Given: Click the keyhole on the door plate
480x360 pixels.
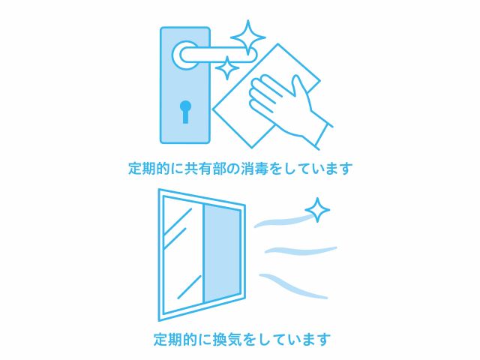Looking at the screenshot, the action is (x=185, y=112).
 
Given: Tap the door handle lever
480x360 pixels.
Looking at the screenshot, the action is (x=218, y=55).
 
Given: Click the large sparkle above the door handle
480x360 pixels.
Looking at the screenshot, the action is (x=248, y=37).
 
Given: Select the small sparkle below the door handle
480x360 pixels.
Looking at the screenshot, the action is (x=226, y=68).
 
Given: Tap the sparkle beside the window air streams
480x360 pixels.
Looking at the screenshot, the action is (x=317, y=210).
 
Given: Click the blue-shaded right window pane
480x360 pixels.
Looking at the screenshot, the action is (x=222, y=253).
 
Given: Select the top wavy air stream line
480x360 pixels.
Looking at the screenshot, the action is (x=283, y=221).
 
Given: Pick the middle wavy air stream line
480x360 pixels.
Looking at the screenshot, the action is (x=301, y=250).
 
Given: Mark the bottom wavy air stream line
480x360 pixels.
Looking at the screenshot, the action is (x=293, y=286).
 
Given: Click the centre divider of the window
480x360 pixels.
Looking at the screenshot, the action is (x=202, y=253).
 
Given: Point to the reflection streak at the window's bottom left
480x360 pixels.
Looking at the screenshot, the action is (x=190, y=286).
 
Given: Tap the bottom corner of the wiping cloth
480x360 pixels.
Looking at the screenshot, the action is (x=252, y=148).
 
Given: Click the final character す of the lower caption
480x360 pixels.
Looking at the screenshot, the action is (x=324, y=339).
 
